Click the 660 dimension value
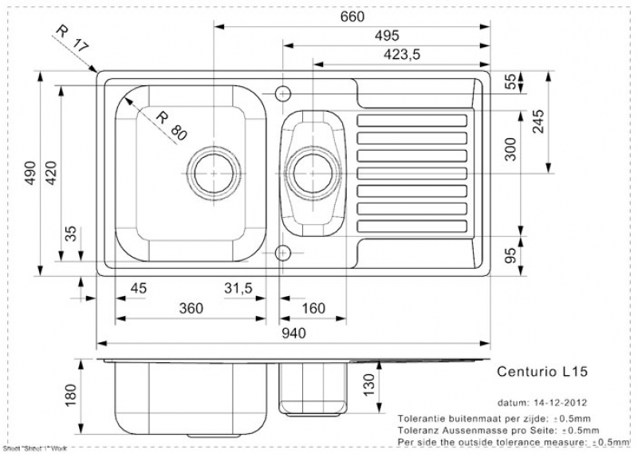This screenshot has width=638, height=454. pos(352,17)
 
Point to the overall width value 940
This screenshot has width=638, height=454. pos(293,335)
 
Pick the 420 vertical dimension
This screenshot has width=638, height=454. pos(53,172)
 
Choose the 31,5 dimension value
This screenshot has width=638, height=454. pos(239,288)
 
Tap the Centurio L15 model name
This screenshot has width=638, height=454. pos(542,371)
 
